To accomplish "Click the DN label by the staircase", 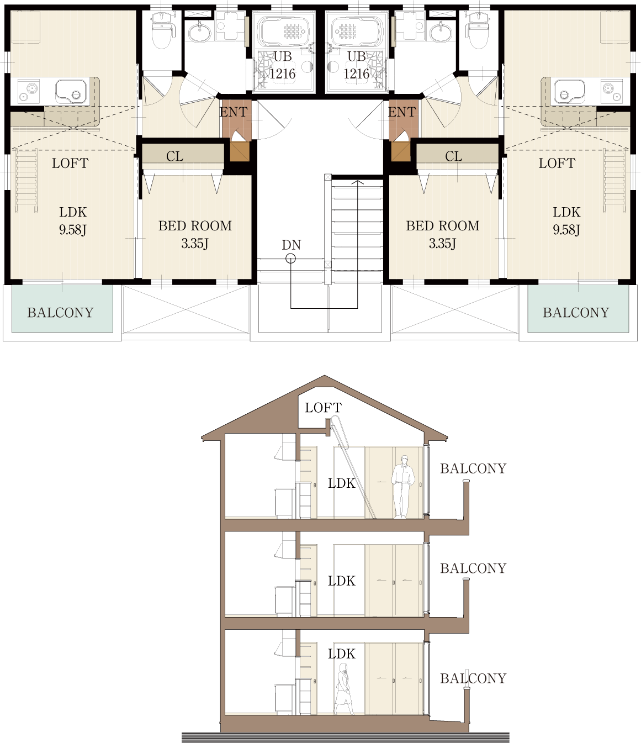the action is tap(291, 245).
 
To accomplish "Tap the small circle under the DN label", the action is tap(290, 259).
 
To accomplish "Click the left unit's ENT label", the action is tap(234, 112).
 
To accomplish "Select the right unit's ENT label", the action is tap(402, 112).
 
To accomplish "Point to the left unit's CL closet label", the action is tap(174, 156).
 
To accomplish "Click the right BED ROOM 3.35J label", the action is tap(443, 234).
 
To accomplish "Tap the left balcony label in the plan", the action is tap(60, 313).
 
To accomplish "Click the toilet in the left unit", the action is tap(161, 30).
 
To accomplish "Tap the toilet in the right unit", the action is tap(479, 30).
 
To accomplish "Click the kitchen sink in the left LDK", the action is tap(71, 92).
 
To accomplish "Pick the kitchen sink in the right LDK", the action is tap(570, 92).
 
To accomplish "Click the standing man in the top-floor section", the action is tap(403, 487).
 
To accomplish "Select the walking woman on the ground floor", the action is tap(343, 689).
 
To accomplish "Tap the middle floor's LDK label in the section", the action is tap(342, 581).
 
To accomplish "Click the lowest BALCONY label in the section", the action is tap(473, 679).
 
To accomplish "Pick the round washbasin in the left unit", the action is tap(199, 34).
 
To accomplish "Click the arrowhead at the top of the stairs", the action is tap(357, 182).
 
